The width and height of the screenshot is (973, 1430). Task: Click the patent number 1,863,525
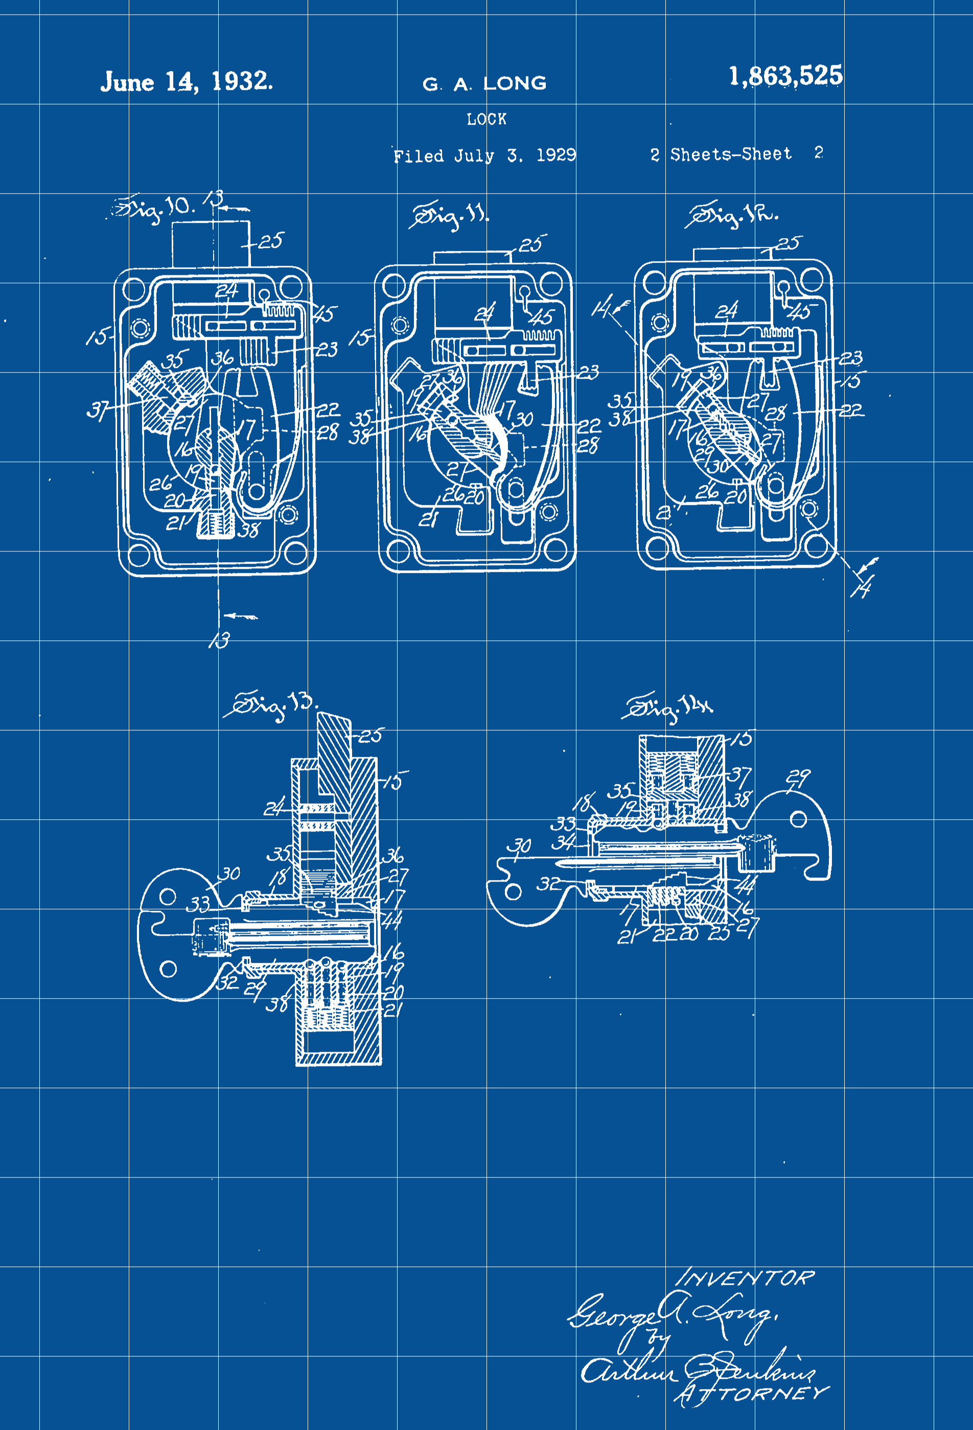tap(785, 76)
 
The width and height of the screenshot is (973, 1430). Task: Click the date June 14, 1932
tap(187, 81)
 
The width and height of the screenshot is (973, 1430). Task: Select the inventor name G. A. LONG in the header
tap(484, 84)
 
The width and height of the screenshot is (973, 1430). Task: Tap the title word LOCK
tap(486, 120)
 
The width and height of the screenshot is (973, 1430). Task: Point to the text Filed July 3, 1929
tap(484, 155)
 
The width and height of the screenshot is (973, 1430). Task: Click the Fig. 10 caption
tap(154, 208)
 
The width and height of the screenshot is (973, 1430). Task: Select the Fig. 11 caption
tap(449, 215)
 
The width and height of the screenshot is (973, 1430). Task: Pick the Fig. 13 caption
tap(271, 705)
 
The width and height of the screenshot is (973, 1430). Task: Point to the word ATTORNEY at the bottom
tap(752, 1394)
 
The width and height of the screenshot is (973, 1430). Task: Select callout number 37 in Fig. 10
tap(98, 409)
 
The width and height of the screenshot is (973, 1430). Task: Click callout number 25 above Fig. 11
tap(531, 244)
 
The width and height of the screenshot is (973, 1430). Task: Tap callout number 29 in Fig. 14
tap(799, 778)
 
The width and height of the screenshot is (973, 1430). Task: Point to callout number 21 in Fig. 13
tap(393, 1010)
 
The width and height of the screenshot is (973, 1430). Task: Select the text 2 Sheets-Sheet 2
tap(736, 154)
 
